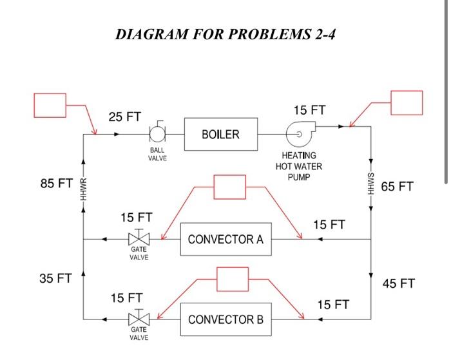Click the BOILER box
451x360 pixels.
coord(220,135)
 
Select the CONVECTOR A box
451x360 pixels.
coord(225,240)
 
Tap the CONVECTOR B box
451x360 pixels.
coord(225,319)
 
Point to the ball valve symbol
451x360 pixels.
coord(157,134)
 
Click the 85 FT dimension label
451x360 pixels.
coord(56,184)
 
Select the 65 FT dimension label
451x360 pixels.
coord(398,187)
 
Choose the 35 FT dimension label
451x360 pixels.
coord(56,278)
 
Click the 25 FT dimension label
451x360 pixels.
coord(124,117)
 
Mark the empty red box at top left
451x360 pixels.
coord(50,106)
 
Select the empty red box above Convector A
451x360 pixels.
coord(229,187)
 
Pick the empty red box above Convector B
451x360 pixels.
coord(233,279)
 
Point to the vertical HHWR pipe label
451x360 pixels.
coord(83,188)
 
